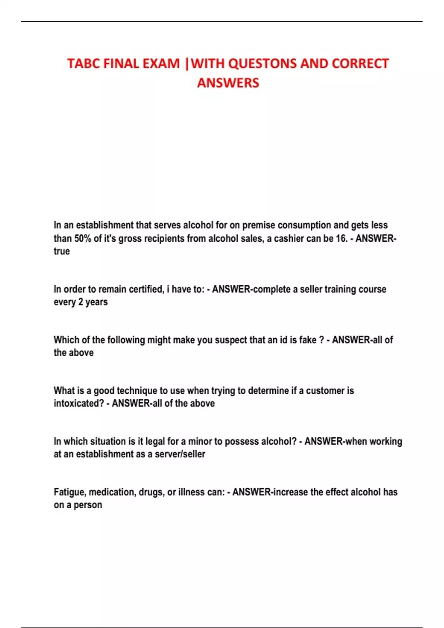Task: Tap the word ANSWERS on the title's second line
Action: [x=228, y=83]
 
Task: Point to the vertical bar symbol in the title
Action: [x=186, y=64]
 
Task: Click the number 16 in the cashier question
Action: [x=341, y=238]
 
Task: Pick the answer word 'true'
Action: [x=62, y=251]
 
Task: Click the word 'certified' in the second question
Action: [x=141, y=289]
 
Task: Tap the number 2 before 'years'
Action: [x=81, y=302]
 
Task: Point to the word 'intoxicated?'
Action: [x=79, y=403]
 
